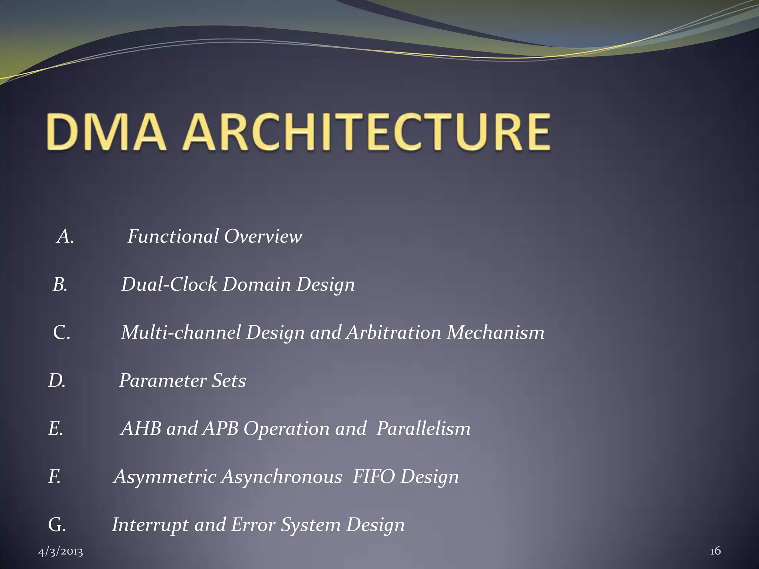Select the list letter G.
(57, 525)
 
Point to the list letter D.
(57, 380)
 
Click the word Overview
(263, 236)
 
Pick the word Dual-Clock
(169, 284)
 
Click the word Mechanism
(495, 332)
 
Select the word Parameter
(162, 380)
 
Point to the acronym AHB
(141, 429)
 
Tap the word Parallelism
(423, 429)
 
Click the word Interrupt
(150, 525)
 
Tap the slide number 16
(715, 551)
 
